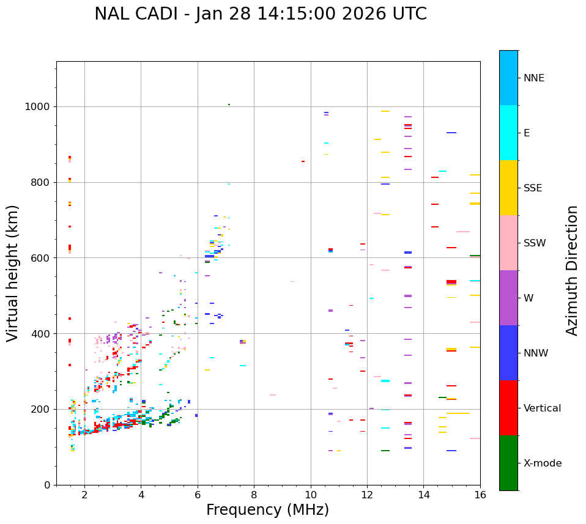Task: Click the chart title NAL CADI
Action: pyautogui.click(x=261, y=14)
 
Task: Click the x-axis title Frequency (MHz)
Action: pyautogui.click(x=267, y=510)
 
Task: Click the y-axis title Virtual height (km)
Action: pyautogui.click(x=13, y=273)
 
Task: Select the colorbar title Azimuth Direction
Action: pyautogui.click(x=572, y=270)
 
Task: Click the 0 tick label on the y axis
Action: pyautogui.click(x=46, y=485)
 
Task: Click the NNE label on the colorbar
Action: pyautogui.click(x=533, y=78)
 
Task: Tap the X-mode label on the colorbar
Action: pyautogui.click(x=542, y=463)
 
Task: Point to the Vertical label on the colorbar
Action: pyautogui.click(x=542, y=408)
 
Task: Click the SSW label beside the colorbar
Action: pyautogui.click(x=534, y=243)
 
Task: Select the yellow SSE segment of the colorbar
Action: pyautogui.click(x=508, y=188)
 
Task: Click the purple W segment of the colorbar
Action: pyautogui.click(x=508, y=298)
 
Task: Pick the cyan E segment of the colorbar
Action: pyautogui.click(x=508, y=133)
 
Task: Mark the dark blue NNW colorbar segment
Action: pyautogui.click(x=508, y=353)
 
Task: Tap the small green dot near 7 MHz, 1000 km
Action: pyautogui.click(x=229, y=105)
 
